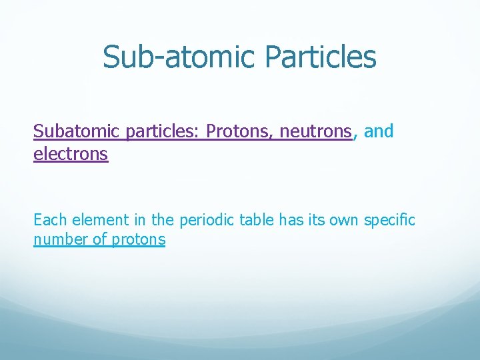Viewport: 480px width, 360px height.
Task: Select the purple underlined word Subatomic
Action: tap(77, 131)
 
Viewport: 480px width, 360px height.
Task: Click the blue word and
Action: tap(379, 131)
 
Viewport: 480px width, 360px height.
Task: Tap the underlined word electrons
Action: tap(70, 154)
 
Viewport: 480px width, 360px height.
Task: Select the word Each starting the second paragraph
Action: tap(50, 219)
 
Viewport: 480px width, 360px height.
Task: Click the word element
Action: tap(98, 219)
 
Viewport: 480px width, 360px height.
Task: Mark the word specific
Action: tap(389, 219)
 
